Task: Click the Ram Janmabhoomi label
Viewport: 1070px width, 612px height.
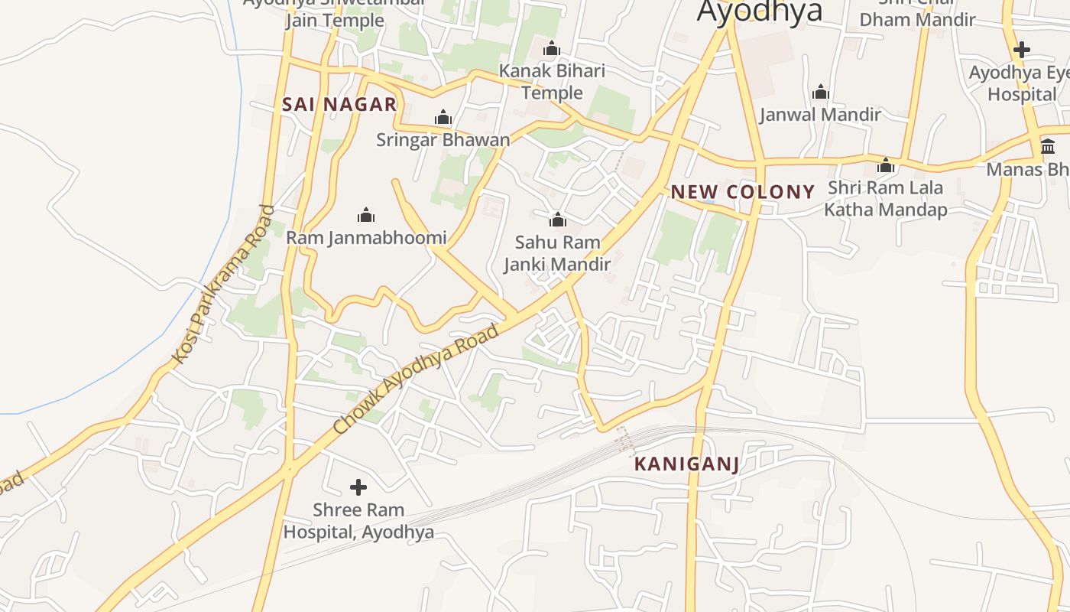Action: [x=366, y=238]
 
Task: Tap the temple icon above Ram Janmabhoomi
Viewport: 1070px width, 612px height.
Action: [x=366, y=215]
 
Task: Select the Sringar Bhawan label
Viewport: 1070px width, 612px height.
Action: [x=443, y=140]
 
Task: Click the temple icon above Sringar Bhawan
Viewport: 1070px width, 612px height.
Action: [x=443, y=118]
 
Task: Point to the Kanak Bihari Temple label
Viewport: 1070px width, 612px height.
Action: [x=552, y=82]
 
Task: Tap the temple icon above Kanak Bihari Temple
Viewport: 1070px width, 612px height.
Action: [x=552, y=50]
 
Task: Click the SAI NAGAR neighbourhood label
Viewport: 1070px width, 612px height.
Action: [x=339, y=105]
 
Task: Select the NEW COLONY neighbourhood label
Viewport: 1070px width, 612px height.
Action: [x=743, y=192]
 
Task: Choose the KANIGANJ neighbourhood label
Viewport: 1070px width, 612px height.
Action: [x=687, y=464]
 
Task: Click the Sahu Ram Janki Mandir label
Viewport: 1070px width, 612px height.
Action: [x=557, y=253]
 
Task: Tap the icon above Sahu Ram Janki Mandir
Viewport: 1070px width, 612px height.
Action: [x=558, y=220]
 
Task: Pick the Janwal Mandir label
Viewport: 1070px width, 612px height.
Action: [x=820, y=115]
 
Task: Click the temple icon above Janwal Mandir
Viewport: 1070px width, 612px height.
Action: [x=821, y=93]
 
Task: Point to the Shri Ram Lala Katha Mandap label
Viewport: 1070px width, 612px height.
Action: [x=886, y=198]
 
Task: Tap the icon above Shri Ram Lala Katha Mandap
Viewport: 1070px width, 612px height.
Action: [x=886, y=165]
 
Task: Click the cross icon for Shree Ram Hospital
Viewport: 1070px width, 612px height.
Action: [x=358, y=487]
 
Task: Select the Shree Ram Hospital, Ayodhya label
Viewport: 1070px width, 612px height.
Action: [x=358, y=521]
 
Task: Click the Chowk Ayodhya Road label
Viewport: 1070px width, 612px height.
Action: [x=417, y=379]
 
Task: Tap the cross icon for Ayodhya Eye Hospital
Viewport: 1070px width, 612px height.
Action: [x=1021, y=50]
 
